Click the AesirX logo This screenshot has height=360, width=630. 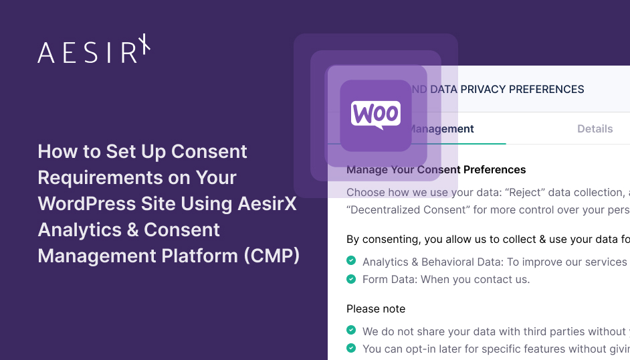click(x=94, y=51)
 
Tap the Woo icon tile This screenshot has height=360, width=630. click(x=375, y=114)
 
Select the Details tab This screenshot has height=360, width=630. click(x=595, y=128)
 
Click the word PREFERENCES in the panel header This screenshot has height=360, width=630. click(x=546, y=89)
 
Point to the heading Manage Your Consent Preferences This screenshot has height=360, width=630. click(x=436, y=169)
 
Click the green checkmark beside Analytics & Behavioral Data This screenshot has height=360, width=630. click(x=351, y=262)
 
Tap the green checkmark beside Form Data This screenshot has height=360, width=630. click(x=351, y=279)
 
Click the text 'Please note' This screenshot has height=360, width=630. click(x=375, y=308)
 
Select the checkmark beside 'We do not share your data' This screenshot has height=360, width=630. click(x=351, y=331)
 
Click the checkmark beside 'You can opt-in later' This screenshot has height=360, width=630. click(x=351, y=348)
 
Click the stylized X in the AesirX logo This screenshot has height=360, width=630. click(x=144, y=48)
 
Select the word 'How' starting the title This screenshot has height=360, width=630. click(x=53, y=151)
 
